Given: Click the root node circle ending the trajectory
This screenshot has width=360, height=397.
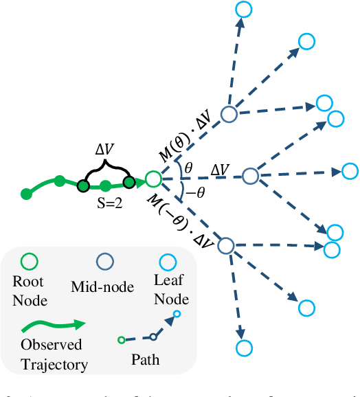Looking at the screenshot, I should [x=153, y=180].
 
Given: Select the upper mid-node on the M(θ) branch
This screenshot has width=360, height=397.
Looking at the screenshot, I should [x=228, y=115].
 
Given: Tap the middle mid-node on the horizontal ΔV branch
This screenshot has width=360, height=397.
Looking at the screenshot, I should [x=251, y=177].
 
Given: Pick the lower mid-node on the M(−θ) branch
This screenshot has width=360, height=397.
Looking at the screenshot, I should [x=226, y=245].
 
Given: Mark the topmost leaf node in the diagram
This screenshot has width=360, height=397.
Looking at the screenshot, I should [x=244, y=9].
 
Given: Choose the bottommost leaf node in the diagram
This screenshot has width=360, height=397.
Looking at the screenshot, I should [x=241, y=349].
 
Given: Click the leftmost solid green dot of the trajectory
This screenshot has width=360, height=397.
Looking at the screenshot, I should [x=26, y=194].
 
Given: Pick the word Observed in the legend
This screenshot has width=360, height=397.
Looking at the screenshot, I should [x=51, y=345].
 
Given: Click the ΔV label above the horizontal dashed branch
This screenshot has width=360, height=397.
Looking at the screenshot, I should [x=220, y=168].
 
